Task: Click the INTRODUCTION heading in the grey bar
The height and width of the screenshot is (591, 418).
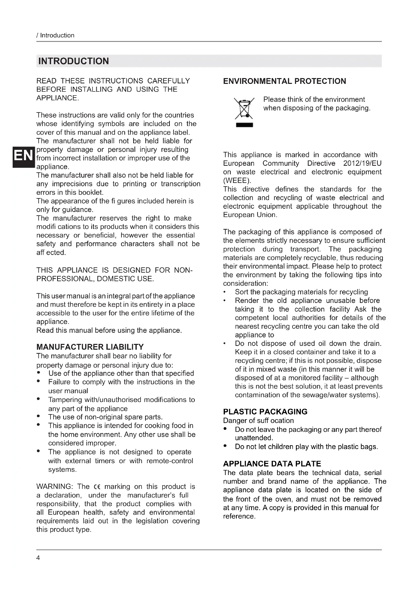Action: (x=74, y=61)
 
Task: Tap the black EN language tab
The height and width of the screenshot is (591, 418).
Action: (x=24, y=156)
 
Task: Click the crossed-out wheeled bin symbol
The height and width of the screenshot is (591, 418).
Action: (x=244, y=109)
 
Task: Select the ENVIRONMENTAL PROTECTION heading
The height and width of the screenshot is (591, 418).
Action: (x=284, y=81)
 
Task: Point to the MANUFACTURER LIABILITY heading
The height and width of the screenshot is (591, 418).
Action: (x=90, y=347)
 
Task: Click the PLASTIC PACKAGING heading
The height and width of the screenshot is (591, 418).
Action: (x=265, y=412)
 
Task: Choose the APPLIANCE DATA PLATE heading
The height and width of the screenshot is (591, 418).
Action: (x=272, y=464)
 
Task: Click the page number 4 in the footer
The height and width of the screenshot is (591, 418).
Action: (x=38, y=558)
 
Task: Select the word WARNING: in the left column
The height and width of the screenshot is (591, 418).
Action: (x=55, y=487)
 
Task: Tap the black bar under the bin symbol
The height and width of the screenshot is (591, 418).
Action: (x=244, y=125)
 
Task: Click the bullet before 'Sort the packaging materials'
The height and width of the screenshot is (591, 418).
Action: (x=225, y=292)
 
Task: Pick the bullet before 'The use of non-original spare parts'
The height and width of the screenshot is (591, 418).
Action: (x=38, y=416)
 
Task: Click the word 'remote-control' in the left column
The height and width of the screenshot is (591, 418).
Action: (x=170, y=461)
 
